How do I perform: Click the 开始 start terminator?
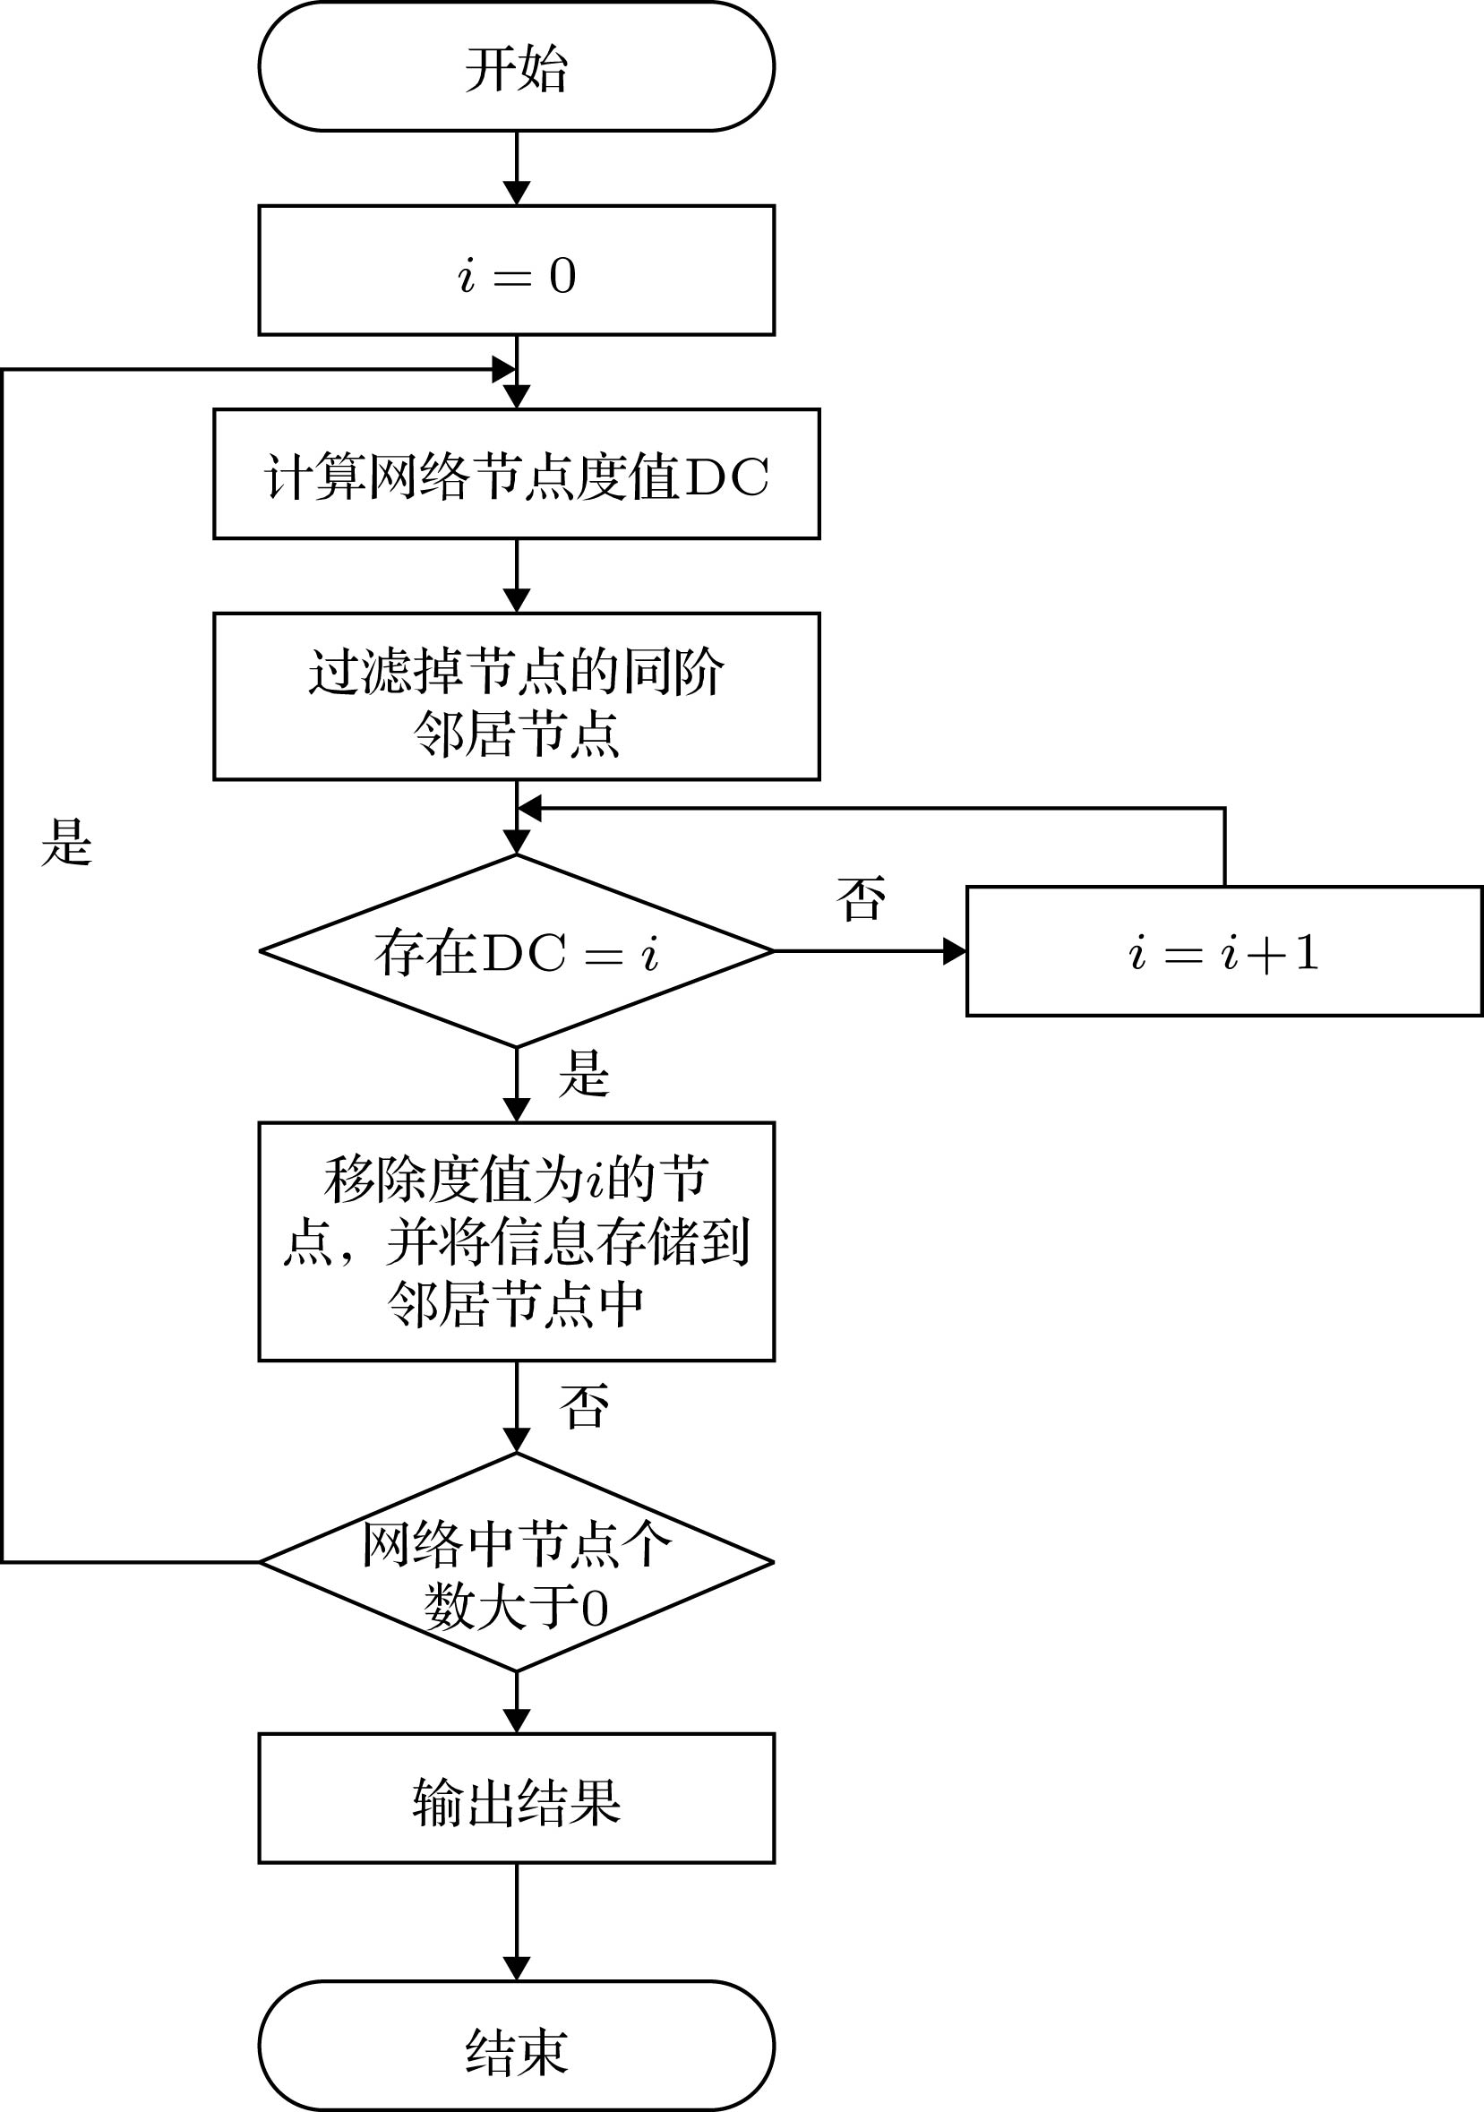[x=516, y=67]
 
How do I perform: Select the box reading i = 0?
[x=516, y=270]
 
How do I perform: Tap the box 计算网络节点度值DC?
[x=516, y=474]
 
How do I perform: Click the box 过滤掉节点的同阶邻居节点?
[x=516, y=696]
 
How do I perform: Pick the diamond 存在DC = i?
[x=516, y=951]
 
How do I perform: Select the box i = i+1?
[x=1223, y=951]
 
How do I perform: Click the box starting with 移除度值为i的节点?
[x=516, y=1241]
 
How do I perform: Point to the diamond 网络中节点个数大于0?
[x=516, y=1562]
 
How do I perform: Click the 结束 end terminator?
[x=516, y=2047]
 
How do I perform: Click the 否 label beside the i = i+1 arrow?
[x=862, y=898]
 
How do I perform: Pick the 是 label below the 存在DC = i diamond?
[x=583, y=1074]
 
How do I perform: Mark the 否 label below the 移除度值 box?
[x=583, y=1406]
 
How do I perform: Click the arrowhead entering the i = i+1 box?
[x=955, y=951]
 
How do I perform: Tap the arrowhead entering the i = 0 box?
[x=516, y=193]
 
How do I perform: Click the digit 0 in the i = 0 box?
[x=562, y=275]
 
